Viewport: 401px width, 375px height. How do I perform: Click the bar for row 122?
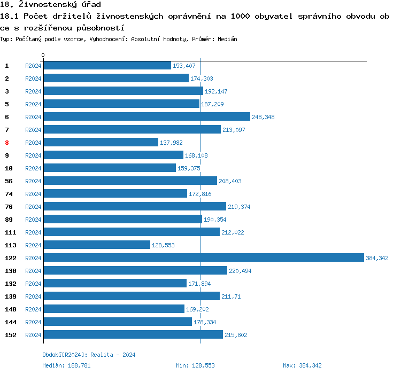pyautogui.click(x=203, y=257)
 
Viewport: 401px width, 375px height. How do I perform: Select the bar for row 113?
pyautogui.click(x=97, y=245)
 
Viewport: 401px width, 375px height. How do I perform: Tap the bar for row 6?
pyautogui.click(x=146, y=116)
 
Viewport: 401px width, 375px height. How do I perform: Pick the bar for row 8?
pyautogui.click(x=101, y=142)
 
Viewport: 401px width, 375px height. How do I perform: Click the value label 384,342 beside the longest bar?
pyautogui.click(x=377, y=258)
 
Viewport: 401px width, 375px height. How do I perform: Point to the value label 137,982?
pyautogui.click(x=171, y=143)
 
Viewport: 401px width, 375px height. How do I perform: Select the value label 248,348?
pyautogui.click(x=263, y=117)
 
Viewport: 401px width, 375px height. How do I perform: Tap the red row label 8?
pyautogui.click(x=7, y=143)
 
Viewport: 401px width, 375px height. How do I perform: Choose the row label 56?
pyautogui.click(x=9, y=181)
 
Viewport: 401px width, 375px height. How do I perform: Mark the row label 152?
pyautogui.click(x=11, y=335)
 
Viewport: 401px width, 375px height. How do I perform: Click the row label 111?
pyautogui.click(x=11, y=232)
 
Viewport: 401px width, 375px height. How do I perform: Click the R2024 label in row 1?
pyautogui.click(x=33, y=66)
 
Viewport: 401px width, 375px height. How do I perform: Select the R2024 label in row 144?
pyautogui.click(x=33, y=322)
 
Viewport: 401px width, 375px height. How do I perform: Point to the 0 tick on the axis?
pyautogui.click(x=43, y=55)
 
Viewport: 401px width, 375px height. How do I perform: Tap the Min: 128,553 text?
pyautogui.click(x=195, y=365)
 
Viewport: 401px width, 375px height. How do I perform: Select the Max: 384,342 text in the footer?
pyautogui.click(x=302, y=365)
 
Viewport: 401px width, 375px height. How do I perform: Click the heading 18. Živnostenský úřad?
pyautogui.click(x=51, y=5)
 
